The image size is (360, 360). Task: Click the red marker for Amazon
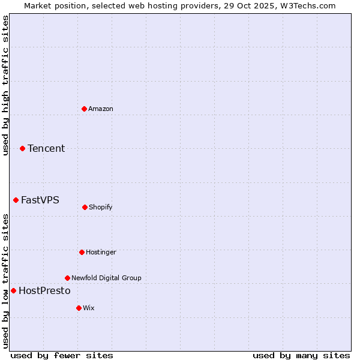click(84, 109)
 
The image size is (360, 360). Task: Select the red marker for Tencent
click(22, 148)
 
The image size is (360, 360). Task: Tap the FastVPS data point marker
click(16, 200)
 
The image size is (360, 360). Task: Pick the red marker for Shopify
click(85, 207)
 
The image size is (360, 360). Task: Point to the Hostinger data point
click(82, 252)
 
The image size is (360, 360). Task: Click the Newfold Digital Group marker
click(67, 278)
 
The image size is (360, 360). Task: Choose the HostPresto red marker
click(13, 290)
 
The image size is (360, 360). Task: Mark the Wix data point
click(79, 308)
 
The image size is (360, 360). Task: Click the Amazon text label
click(101, 109)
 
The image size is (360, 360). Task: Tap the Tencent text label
click(46, 148)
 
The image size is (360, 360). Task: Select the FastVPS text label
click(40, 200)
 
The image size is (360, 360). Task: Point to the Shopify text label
click(101, 207)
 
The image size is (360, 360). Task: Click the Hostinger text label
click(101, 252)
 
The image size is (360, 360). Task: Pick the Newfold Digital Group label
click(106, 278)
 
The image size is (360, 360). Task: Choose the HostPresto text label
click(44, 290)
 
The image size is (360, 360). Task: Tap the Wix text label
click(89, 308)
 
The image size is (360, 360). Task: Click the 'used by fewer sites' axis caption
click(61, 355)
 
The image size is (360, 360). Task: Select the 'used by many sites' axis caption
click(301, 355)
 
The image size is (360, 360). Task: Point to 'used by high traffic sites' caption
click(6, 85)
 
